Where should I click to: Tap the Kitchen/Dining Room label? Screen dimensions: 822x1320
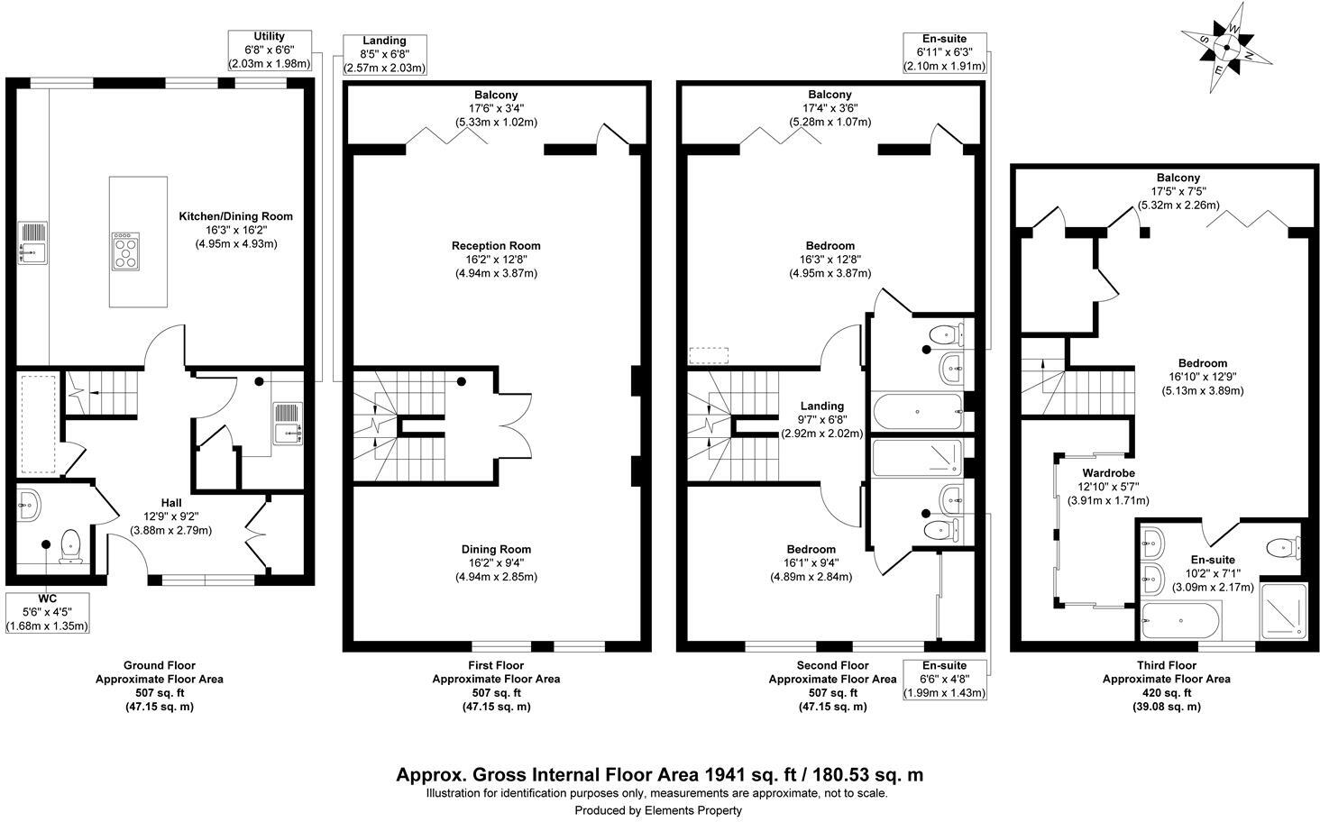[x=236, y=230]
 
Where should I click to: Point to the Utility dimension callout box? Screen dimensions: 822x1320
[x=270, y=51]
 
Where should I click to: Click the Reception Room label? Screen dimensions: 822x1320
[x=496, y=259]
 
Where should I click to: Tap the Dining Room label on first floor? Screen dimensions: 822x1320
[x=496, y=562]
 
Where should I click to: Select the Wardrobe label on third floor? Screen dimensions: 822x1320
[x=1109, y=486]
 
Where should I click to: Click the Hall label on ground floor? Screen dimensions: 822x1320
[x=171, y=516]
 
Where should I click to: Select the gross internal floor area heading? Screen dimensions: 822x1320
[x=659, y=775]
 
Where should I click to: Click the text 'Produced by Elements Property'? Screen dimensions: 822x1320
[x=659, y=810]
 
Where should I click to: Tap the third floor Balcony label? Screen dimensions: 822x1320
[x=1172, y=191]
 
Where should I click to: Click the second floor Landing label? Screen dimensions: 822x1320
[x=821, y=419]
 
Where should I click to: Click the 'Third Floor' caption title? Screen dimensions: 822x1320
[x=1166, y=665]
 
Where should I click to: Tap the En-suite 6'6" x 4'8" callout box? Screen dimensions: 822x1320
[x=944, y=680]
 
